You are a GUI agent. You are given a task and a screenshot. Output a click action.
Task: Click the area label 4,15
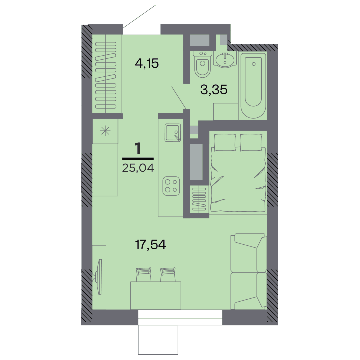click(147, 64)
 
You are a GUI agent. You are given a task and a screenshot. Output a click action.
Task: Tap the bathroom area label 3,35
click(214, 90)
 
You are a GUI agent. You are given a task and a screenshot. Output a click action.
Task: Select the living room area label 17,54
click(150, 244)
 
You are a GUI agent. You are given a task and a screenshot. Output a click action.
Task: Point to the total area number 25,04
click(138, 168)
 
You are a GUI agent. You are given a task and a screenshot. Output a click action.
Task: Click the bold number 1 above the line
click(138, 148)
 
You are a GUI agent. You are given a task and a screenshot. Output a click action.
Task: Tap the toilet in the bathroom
click(202, 64)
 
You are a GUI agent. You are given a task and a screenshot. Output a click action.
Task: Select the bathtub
click(253, 85)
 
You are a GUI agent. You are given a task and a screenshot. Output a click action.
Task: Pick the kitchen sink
click(173, 133)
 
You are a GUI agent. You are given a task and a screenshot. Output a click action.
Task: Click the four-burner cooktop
click(171, 186)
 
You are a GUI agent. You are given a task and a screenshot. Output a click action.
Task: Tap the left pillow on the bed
click(225, 143)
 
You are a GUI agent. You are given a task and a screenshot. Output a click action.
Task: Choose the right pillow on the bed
click(251, 143)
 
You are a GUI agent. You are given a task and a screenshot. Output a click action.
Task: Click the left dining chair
click(143, 275)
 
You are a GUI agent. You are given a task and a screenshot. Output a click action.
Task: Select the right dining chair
click(168, 275)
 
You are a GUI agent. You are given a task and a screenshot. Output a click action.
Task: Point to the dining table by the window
click(156, 295)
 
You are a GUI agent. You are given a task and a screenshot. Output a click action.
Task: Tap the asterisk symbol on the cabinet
click(105, 131)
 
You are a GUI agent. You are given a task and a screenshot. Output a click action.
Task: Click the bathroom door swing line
click(179, 98)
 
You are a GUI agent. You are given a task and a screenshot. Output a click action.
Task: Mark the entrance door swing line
click(139, 16)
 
